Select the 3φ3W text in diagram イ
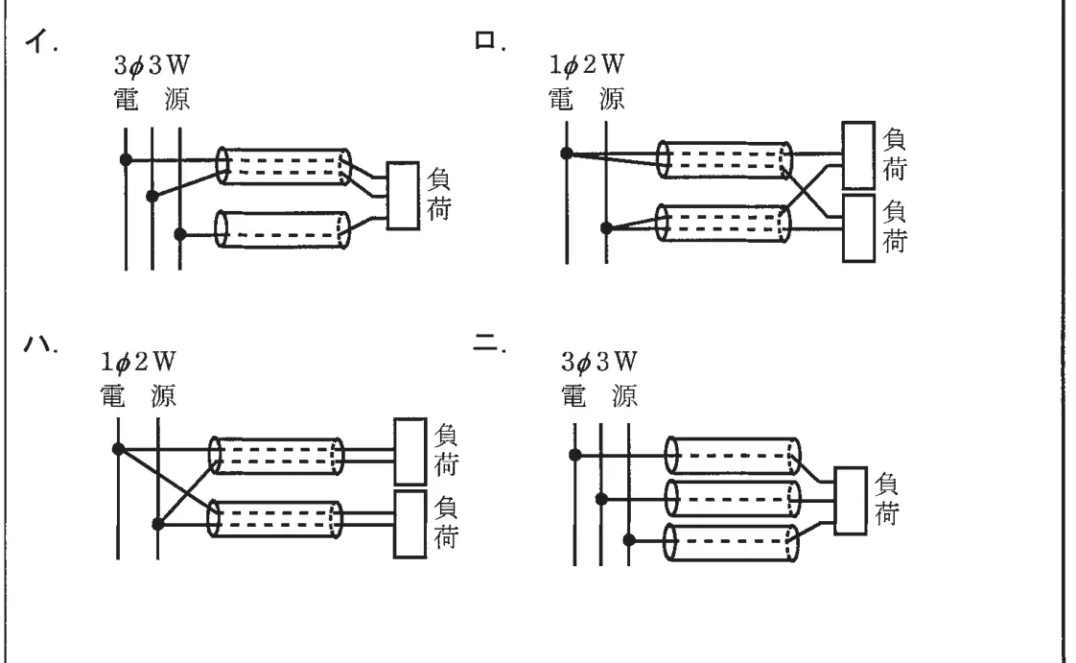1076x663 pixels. tap(152, 65)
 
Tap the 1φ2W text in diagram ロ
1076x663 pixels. tap(587, 64)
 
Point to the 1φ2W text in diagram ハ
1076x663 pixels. tap(138, 361)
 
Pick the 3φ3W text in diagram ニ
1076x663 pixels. tap(599, 361)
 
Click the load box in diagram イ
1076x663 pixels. tap(403, 196)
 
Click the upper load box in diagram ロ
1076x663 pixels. tap(858, 155)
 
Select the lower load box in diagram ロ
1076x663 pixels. tap(858, 228)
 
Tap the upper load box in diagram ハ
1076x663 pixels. tap(410, 451)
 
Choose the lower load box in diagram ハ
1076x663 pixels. tap(410, 525)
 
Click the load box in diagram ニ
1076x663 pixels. tap(851, 501)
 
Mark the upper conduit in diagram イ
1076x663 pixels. tap(284, 166)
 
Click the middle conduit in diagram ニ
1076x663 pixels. tap(733, 498)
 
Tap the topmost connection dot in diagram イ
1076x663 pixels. tap(127, 159)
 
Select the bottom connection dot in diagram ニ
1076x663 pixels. tap(628, 540)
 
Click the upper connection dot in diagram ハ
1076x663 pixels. tap(118, 450)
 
